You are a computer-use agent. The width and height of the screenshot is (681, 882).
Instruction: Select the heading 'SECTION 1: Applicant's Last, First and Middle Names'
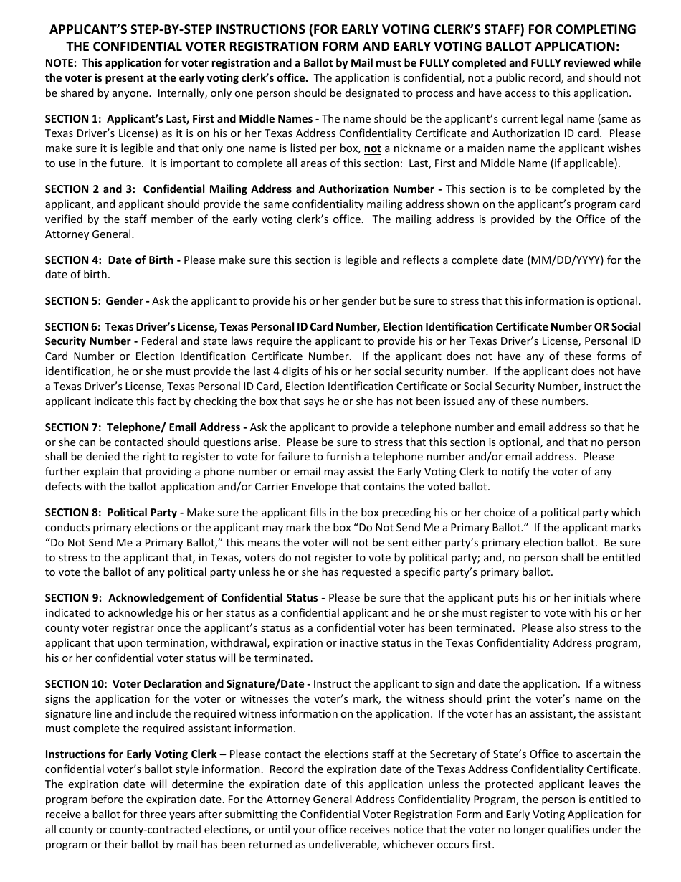pos(178,118)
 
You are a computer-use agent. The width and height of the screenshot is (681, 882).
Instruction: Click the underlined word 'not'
pos(372,148)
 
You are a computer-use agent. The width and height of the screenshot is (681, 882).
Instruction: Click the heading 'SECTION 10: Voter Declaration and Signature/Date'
pos(177,684)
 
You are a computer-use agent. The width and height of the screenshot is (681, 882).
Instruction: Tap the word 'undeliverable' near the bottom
pos(356,844)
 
